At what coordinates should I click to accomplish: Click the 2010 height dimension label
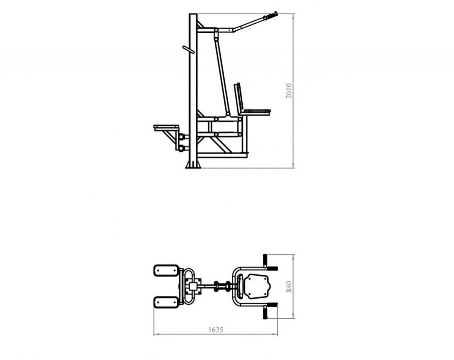[x=289, y=91]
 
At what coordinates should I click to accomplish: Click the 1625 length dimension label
[x=216, y=330]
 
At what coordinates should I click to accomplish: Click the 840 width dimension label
[x=289, y=286]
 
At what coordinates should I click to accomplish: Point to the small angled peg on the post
[x=188, y=49]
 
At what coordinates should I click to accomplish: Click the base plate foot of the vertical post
[x=193, y=165]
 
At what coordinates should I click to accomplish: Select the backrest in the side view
[x=239, y=97]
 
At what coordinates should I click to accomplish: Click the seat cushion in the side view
[x=256, y=112]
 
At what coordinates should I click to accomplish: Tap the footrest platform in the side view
[x=166, y=128]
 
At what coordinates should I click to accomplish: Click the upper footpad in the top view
[x=166, y=270]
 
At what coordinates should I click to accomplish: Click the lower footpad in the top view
[x=166, y=303]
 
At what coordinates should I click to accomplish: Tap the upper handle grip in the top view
[x=265, y=260]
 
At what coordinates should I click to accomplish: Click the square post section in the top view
[x=193, y=286]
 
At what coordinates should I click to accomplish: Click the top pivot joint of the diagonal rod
[x=216, y=30]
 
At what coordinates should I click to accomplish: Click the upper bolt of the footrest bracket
[x=181, y=137]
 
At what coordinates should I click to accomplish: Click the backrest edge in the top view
[x=239, y=286]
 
